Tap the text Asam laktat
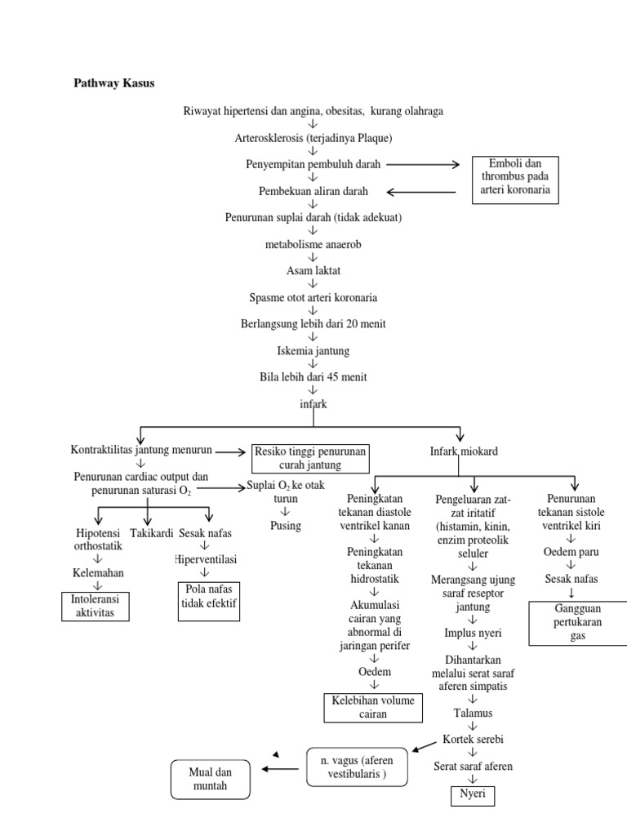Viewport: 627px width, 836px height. [313, 270]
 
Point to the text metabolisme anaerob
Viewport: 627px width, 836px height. [313, 244]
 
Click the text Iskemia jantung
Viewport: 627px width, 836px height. [313, 350]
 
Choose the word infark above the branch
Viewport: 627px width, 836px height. [313, 403]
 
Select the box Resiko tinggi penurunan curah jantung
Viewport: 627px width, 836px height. [310, 458]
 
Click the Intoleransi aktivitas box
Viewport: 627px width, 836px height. [95, 606]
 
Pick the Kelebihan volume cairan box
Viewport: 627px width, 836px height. [372, 707]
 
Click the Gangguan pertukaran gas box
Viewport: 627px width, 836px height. [578, 623]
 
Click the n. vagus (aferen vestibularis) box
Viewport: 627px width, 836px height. [356, 766]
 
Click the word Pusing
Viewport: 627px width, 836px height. [286, 525]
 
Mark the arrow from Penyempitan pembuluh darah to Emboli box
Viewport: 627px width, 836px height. [423, 165]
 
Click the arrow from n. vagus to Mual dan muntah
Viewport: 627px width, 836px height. [279, 767]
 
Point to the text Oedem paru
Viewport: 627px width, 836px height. [571, 553]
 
